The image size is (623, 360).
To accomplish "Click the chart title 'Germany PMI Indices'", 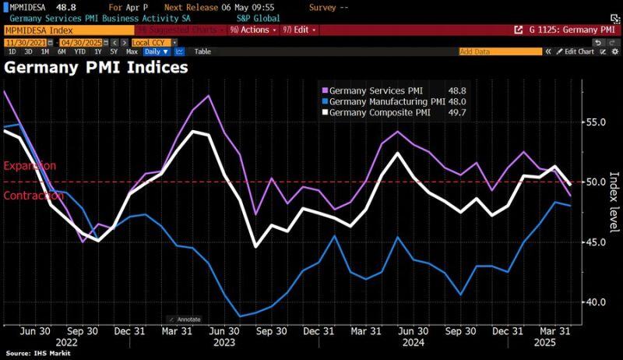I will (97, 67).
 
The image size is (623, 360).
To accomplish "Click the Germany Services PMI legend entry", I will (376, 90).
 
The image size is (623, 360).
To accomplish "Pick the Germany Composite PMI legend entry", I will (381, 112).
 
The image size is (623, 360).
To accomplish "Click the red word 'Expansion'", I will (30, 166).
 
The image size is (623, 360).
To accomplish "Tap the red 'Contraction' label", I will (33, 196).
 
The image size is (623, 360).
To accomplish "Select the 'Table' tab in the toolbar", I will (202, 51).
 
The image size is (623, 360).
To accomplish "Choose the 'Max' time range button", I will (132, 51).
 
